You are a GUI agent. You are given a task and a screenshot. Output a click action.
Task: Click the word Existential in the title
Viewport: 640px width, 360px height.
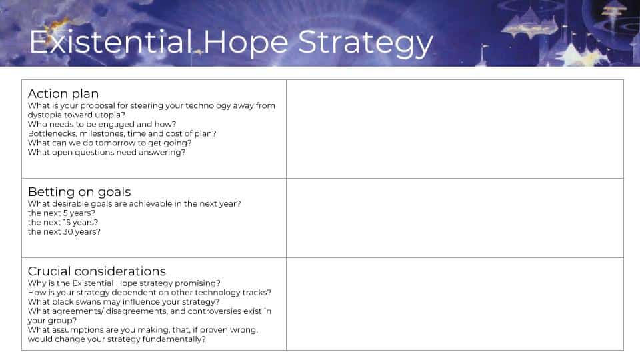coord(111,41)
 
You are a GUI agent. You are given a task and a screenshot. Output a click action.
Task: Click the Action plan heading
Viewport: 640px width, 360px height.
coord(63,94)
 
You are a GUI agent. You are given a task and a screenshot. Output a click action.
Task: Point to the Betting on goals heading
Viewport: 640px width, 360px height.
coord(79,192)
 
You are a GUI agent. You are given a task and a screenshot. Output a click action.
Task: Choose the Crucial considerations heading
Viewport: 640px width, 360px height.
coord(97,271)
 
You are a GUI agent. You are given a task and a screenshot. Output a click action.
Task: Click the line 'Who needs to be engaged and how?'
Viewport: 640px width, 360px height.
coord(102,124)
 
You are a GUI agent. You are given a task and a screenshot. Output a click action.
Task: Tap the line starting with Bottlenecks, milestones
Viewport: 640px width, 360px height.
coord(122,133)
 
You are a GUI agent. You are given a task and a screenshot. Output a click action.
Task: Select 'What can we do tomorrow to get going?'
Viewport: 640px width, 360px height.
coord(109,143)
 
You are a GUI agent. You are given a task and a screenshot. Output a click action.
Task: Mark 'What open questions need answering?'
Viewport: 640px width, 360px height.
coord(107,152)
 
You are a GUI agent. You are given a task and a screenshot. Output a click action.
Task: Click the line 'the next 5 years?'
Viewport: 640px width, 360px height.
coord(61,213)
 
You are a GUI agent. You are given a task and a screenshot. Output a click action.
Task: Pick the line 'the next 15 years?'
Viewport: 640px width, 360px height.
coord(63,223)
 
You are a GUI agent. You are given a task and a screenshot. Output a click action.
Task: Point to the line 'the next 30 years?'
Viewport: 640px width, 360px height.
coord(64,232)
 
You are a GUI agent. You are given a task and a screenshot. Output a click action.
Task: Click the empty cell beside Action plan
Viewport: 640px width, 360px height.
coord(455,129)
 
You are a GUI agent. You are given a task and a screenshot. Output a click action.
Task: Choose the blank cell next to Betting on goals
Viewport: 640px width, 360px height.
coord(455,218)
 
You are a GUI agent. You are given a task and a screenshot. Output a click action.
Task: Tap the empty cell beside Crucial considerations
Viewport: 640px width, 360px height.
coord(455,304)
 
